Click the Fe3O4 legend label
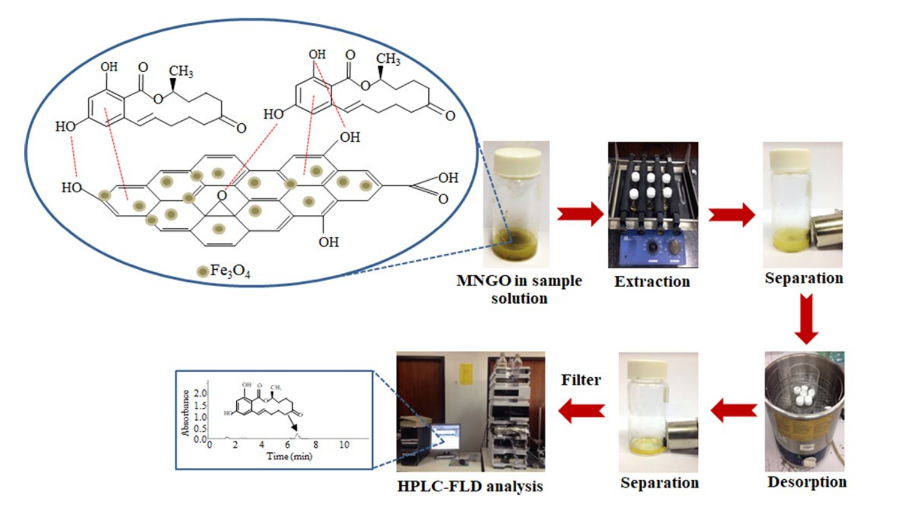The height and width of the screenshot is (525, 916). pos(229,270)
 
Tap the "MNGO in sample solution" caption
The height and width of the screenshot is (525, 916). pos(519,289)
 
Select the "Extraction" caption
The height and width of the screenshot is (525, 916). pos(652,281)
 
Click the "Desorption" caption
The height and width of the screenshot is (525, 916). pos(806,482)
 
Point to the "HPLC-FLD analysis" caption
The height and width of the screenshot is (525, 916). pos(470,487)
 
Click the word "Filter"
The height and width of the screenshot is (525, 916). pos(581,380)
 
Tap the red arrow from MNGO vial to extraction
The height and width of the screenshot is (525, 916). pos(580,214)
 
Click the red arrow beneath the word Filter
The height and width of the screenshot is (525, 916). pos(582,410)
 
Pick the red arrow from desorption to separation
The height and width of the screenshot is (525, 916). pos(734,410)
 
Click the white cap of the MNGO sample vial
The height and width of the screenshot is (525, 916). pos(517,161)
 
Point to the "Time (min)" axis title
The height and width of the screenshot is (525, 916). pos(289,457)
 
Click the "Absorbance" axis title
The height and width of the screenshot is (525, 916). pos(185,413)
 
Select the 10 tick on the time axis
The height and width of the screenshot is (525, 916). pos(344,445)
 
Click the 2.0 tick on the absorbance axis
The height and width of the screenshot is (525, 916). pos(200,394)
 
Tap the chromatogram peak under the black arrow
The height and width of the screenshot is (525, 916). pos(297,435)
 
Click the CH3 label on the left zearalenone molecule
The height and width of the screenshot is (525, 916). pos(181,71)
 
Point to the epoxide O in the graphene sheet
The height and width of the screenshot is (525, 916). pos(222,195)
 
